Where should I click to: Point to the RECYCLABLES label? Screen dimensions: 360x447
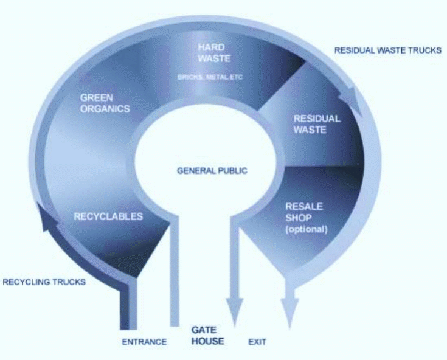point(108,216)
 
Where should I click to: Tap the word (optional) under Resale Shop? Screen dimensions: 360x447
point(306,230)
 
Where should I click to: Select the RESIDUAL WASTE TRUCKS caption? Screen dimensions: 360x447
point(388,50)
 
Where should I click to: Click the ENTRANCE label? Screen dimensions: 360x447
point(144,342)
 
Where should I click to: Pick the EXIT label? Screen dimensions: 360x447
point(257,342)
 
